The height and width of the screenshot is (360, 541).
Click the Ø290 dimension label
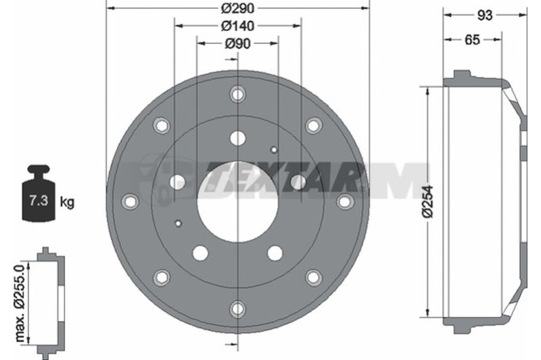(237, 8)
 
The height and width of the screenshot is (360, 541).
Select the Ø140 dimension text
(237, 26)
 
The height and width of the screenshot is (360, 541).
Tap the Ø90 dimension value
(237, 44)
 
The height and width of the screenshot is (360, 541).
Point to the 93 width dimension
(485, 15)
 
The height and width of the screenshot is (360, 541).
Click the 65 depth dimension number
(472, 40)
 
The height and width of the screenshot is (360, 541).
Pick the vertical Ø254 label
(427, 202)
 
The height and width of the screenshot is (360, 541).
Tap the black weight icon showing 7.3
(39, 193)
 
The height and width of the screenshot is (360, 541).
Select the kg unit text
(67, 202)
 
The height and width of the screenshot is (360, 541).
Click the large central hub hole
(237, 202)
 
